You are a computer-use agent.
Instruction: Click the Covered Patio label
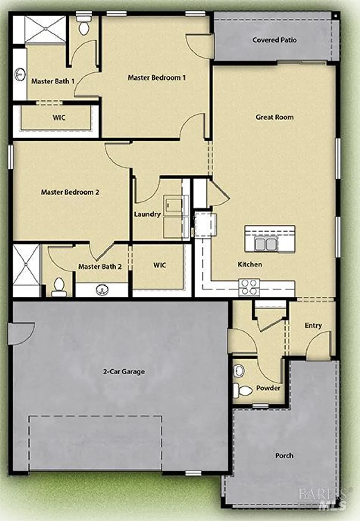(x=275, y=40)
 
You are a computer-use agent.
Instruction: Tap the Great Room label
(x=275, y=117)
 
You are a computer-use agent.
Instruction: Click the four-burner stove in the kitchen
(x=249, y=287)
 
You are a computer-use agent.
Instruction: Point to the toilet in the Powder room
(x=243, y=391)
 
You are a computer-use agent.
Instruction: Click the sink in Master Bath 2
(x=102, y=289)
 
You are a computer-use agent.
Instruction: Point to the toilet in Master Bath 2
(x=59, y=287)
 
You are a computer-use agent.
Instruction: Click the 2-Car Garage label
(x=124, y=372)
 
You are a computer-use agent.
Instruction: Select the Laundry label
(x=147, y=214)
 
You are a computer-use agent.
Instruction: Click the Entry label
(x=313, y=325)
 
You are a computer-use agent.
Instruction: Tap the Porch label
(x=284, y=455)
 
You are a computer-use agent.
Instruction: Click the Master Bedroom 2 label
(x=70, y=192)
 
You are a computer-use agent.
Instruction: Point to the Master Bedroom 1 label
(x=157, y=77)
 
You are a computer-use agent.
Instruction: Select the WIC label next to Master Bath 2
(x=159, y=265)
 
